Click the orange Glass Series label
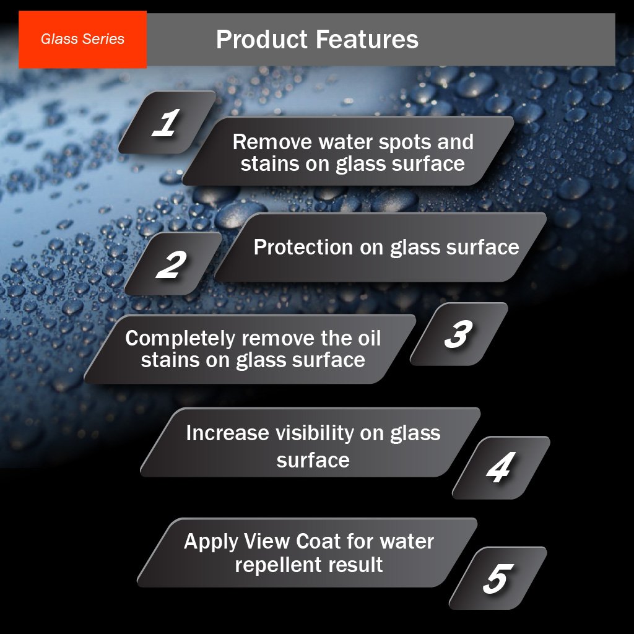82,39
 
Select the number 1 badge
167,122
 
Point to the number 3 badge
459,334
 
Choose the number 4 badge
501,468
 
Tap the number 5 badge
498,578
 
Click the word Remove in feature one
272,142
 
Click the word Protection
303,247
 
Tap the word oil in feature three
370,338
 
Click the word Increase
228,433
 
